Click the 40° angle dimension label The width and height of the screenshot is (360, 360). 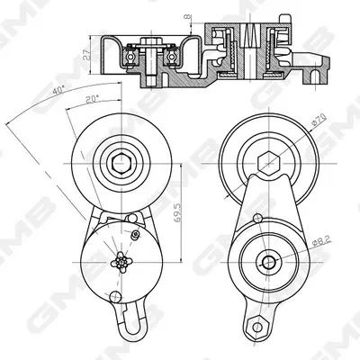[x=58, y=90]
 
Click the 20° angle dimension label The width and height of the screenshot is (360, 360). [x=92, y=99]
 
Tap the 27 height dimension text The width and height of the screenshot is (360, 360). [x=86, y=55]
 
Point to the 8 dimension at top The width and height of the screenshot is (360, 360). [x=188, y=17]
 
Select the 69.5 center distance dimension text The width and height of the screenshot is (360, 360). [x=178, y=212]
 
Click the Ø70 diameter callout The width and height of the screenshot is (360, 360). [x=319, y=121]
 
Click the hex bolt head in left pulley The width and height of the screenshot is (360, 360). [x=121, y=163]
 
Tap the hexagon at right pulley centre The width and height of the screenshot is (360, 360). [x=269, y=163]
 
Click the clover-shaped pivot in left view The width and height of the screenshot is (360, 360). [x=121, y=263]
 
